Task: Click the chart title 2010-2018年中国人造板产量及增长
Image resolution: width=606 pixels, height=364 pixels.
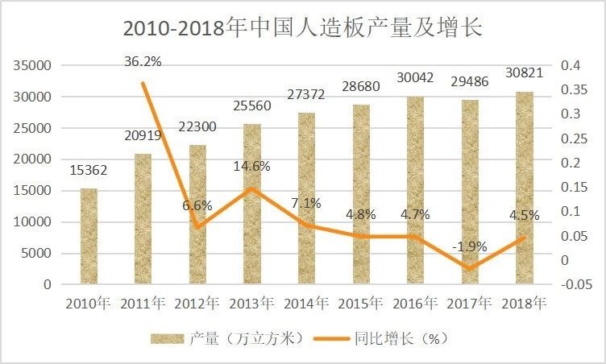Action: pyautogui.click(x=302, y=27)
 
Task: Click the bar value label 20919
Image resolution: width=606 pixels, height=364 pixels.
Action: pyautogui.click(x=143, y=138)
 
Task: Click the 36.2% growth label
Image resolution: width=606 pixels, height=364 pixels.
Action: pyautogui.click(x=143, y=60)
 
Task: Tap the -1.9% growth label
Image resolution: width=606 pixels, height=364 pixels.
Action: pyautogui.click(x=469, y=246)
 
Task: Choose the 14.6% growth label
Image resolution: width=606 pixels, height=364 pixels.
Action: pyautogui.click(x=251, y=166)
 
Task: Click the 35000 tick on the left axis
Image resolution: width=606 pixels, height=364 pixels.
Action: pyautogui.click(x=33, y=65)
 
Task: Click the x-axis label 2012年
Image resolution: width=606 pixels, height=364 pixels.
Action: pyautogui.click(x=197, y=304)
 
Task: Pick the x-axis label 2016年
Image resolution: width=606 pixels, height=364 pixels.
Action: pyautogui.click(x=414, y=304)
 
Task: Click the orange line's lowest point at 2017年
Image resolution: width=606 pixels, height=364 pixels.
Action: pyautogui.click(x=469, y=268)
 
